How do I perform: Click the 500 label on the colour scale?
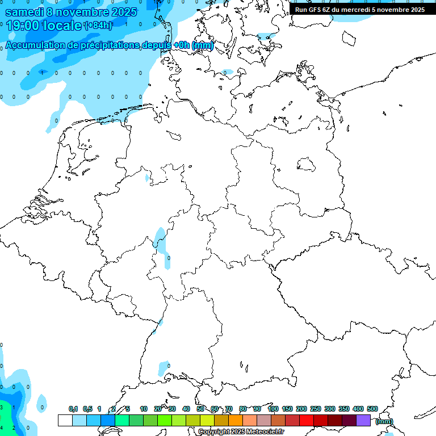coord(372,409)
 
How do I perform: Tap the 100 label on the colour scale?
coord(272,409)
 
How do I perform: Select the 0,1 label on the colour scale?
coord(73,409)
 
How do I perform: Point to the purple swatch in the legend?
coord(363,420)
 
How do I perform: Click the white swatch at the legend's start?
coord(65,420)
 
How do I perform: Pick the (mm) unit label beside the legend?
coord(384,421)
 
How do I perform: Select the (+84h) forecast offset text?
coord(98,26)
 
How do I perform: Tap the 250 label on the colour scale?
coord(316,409)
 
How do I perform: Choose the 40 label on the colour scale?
coord(186,409)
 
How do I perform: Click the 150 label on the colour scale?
coord(287,409)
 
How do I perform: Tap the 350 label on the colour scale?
coord(344,409)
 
